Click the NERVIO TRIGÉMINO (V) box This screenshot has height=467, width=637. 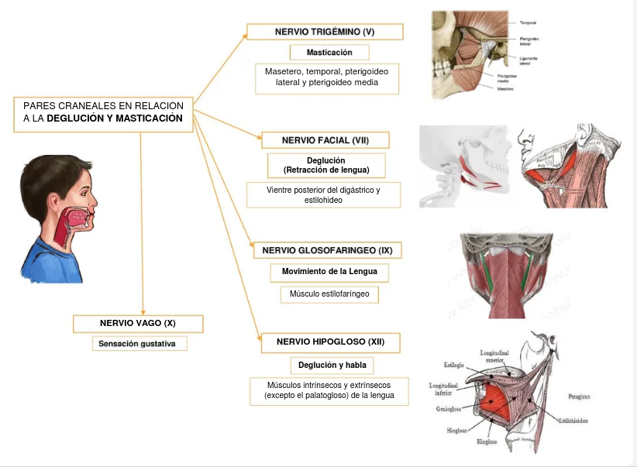pos(325,32)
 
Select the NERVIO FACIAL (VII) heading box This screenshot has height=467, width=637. pos(325,140)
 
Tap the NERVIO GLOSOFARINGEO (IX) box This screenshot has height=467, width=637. pos(327,250)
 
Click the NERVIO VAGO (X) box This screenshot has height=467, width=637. pos(138,323)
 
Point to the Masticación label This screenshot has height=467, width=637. pos(329,53)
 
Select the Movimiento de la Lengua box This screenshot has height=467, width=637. pos(329,272)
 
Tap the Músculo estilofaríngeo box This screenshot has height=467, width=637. pos(329,294)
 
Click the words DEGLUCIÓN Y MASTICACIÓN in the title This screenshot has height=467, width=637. pos(115,118)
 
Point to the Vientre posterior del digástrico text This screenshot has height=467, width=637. pos(323,189)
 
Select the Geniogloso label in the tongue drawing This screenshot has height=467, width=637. pos(449,409)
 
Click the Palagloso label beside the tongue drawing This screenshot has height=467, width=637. pos(579,397)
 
